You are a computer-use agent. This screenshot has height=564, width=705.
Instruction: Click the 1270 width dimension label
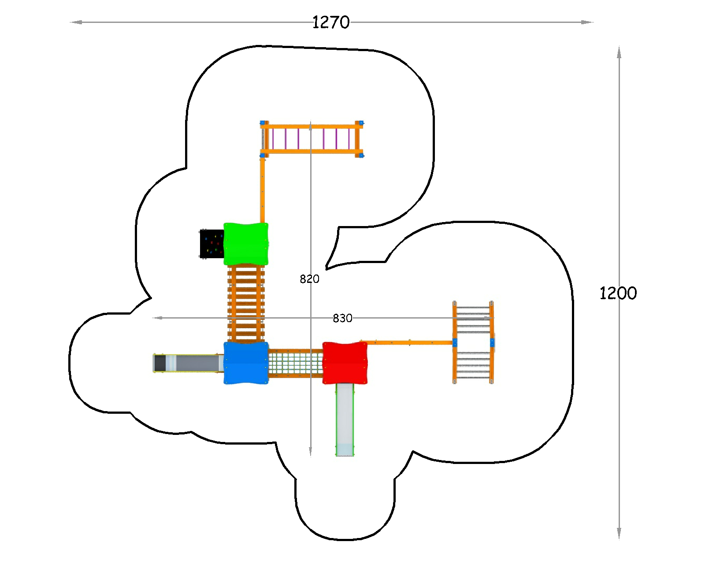[331, 22]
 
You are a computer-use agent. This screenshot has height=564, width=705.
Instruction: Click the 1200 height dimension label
[618, 293]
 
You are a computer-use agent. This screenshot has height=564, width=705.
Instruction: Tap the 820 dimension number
[309, 279]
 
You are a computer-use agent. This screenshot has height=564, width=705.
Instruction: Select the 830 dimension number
[342, 318]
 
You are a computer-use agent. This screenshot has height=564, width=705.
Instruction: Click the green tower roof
[246, 244]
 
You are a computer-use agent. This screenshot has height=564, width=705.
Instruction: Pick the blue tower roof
[246, 363]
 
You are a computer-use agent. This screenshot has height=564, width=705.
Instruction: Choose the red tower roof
[345, 363]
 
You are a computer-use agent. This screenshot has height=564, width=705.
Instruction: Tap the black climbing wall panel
[211, 244]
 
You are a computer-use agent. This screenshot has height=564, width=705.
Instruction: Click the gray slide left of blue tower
[189, 363]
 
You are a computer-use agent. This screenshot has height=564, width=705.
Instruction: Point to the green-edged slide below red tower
[345, 420]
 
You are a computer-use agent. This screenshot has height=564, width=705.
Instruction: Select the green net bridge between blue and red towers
[296, 363]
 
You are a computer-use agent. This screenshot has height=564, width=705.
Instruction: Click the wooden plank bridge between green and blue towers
[246, 304]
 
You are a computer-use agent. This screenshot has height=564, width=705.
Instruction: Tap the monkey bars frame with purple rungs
[312, 139]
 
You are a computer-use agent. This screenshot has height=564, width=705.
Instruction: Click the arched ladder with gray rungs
[473, 342]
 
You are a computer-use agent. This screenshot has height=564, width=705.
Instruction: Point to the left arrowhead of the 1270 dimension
[76, 22]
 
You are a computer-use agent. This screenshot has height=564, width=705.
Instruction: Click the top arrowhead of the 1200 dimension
[619, 52]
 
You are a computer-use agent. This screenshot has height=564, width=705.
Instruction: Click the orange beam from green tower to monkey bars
[262, 190]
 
